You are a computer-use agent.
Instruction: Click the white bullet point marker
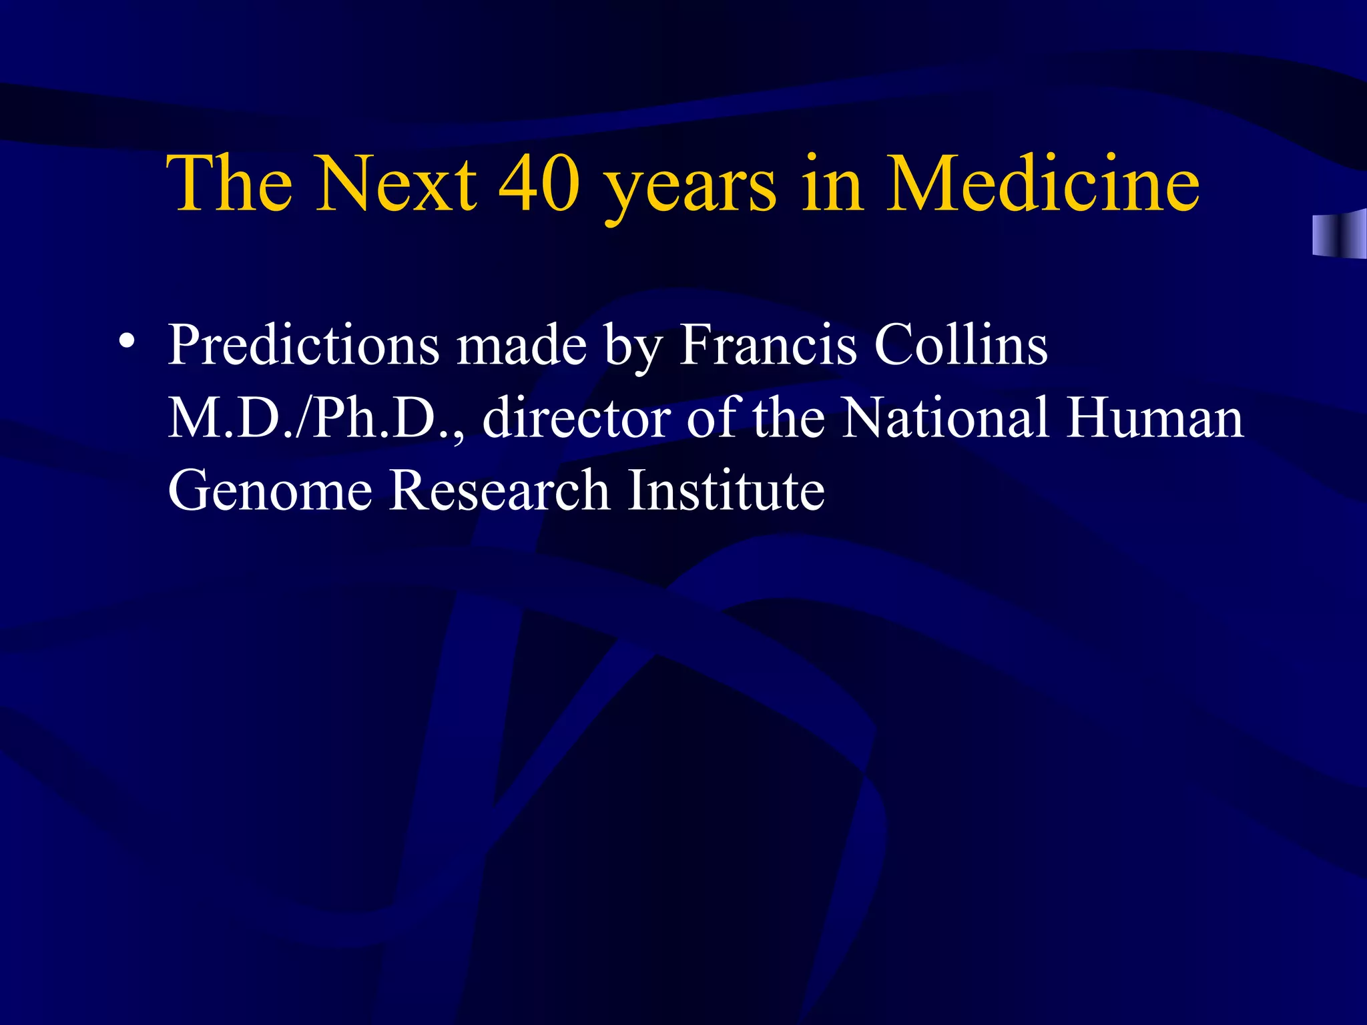tap(125, 341)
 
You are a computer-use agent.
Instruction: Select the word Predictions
tap(303, 345)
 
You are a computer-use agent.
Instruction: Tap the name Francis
tap(767, 345)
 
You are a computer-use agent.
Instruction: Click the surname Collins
tap(961, 345)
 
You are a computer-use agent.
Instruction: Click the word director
tap(576, 418)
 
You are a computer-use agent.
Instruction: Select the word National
tap(944, 418)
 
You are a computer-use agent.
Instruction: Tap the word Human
tap(1155, 418)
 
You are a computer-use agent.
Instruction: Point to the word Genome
tap(270, 491)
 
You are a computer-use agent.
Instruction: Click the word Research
tap(499, 491)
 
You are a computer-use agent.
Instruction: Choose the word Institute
tap(726, 491)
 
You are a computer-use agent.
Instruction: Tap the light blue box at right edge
tap(1338, 234)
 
